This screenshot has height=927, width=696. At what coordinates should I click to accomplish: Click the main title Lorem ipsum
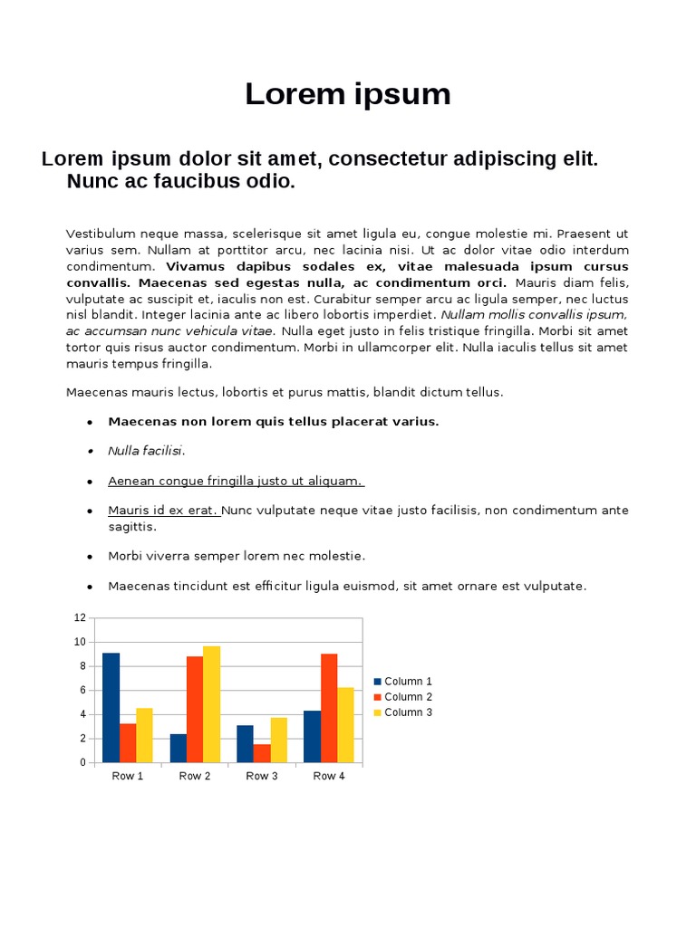pyautogui.click(x=347, y=94)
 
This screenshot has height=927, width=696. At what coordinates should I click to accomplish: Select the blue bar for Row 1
pyautogui.click(x=111, y=707)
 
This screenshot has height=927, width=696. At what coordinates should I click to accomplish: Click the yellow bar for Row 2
pyautogui.click(x=211, y=703)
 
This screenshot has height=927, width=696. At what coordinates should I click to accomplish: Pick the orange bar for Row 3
pyautogui.click(x=262, y=752)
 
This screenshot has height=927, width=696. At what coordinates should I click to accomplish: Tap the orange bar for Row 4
pyautogui.click(x=329, y=707)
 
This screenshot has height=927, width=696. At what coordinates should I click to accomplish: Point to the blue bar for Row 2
pyautogui.click(x=178, y=748)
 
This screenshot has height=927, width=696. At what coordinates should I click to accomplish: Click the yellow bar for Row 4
pyautogui.click(x=345, y=724)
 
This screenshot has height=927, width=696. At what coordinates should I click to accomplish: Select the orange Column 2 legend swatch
pyautogui.click(x=378, y=697)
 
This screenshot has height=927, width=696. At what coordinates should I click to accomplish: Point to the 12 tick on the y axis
pyautogui.click(x=80, y=617)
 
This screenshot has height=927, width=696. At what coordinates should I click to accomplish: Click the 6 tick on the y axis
pyautogui.click(x=82, y=690)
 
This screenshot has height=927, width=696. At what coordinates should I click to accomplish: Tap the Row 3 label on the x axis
pyautogui.click(x=262, y=776)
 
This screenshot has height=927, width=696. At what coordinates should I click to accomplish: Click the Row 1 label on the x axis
pyautogui.click(x=128, y=776)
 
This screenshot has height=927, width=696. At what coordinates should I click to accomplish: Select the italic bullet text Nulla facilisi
pyautogui.click(x=146, y=451)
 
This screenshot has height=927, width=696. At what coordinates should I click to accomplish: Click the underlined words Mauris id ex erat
pyautogui.click(x=163, y=511)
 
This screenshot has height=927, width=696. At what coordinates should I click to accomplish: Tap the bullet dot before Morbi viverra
pyautogui.click(x=90, y=557)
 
